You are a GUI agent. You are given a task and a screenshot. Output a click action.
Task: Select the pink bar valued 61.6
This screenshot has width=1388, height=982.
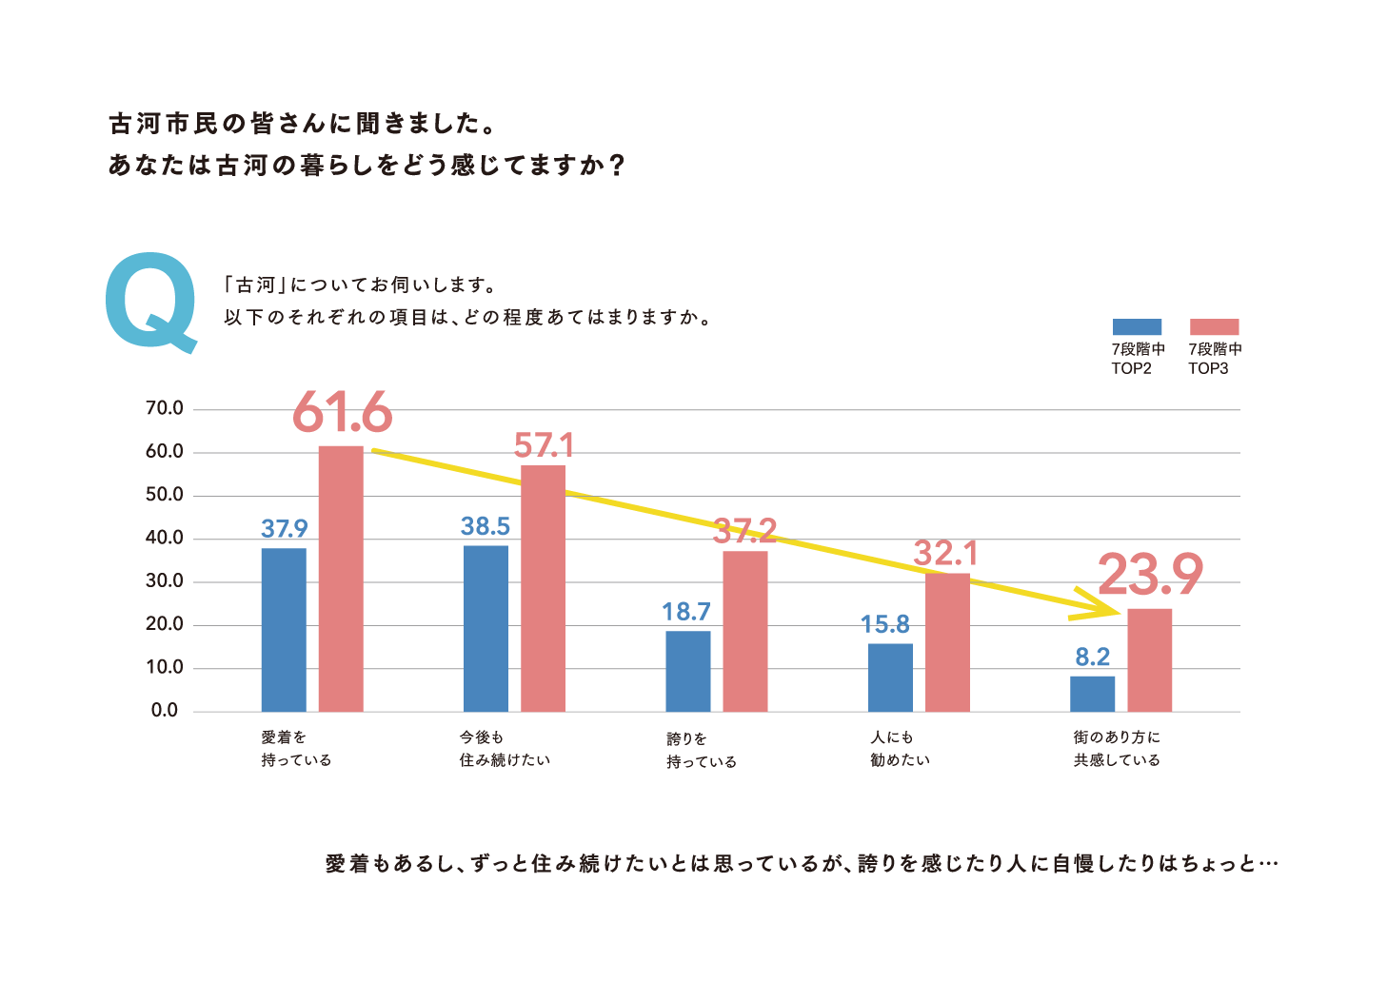[x=341, y=579]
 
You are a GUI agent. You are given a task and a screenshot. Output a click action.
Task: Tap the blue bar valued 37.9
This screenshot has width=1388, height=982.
[x=284, y=630]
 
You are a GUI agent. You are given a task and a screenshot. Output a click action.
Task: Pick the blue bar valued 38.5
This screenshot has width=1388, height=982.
[x=486, y=628]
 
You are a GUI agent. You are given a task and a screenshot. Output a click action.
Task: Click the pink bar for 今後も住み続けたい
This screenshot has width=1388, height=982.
[x=543, y=588]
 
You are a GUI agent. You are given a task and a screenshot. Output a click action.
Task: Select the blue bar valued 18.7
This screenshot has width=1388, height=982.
[x=687, y=671]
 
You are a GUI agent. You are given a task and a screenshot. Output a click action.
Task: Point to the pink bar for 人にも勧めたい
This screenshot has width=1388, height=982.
[x=947, y=642]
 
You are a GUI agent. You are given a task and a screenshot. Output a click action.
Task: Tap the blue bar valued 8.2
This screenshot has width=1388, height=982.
[x=1092, y=694]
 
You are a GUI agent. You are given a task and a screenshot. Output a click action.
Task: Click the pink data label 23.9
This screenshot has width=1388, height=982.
[x=1150, y=575]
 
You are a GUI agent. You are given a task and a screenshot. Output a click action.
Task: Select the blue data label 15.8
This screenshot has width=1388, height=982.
[x=884, y=625]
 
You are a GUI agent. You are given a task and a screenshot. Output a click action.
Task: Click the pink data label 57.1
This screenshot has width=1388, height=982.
[x=544, y=445]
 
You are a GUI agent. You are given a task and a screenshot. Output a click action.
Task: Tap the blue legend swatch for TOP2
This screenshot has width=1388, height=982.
[x=1137, y=326]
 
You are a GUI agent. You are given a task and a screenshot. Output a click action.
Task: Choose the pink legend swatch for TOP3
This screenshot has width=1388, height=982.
[x=1214, y=326]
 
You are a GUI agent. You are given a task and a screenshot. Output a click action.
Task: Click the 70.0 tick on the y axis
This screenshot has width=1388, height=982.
[x=164, y=408]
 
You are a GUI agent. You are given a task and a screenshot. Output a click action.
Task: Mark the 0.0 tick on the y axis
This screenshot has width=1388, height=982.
[x=164, y=711]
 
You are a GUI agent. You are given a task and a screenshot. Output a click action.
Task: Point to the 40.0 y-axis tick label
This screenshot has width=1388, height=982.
[x=164, y=538]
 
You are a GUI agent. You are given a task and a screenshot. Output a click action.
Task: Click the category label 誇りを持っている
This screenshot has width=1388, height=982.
[x=702, y=750]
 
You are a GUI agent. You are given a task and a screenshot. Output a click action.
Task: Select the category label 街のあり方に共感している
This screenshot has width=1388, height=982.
[x=1117, y=749]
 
